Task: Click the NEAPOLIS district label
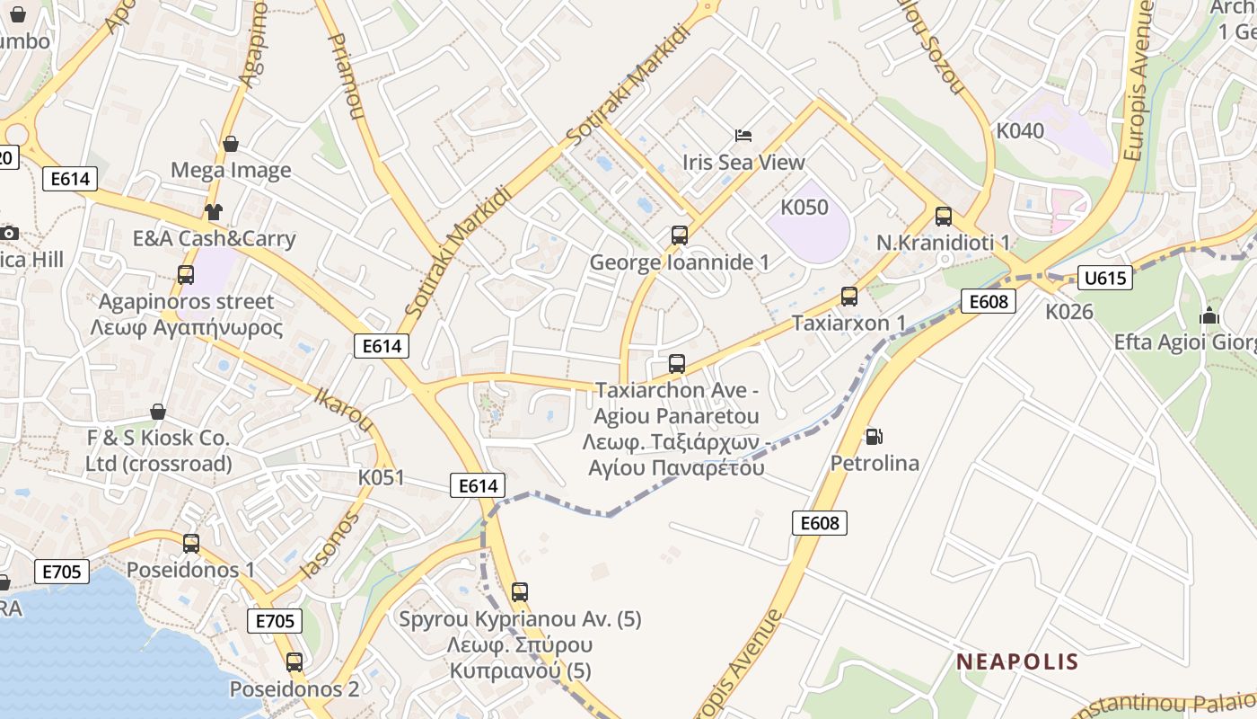click(x=1017, y=662)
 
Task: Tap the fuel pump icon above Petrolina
click(x=874, y=437)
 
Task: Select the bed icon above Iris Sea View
click(x=743, y=136)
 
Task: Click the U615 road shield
click(x=1104, y=278)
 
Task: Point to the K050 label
click(x=804, y=208)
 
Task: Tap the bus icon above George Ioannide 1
click(x=680, y=235)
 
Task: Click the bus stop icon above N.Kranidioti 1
click(x=943, y=217)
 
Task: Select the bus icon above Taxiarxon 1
click(x=848, y=297)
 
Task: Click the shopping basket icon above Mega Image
click(x=231, y=144)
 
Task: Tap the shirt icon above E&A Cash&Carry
click(x=213, y=212)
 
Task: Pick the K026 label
click(x=1069, y=312)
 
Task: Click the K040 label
click(x=1020, y=131)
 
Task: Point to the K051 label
click(x=382, y=477)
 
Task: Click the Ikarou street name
click(x=343, y=409)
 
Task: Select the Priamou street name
click(x=347, y=77)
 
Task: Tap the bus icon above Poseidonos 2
click(x=294, y=662)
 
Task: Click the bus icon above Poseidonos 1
click(x=191, y=544)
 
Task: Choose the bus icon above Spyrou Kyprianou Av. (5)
click(x=520, y=592)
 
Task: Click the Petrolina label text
click(x=875, y=464)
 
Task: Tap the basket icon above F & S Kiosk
click(x=158, y=412)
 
